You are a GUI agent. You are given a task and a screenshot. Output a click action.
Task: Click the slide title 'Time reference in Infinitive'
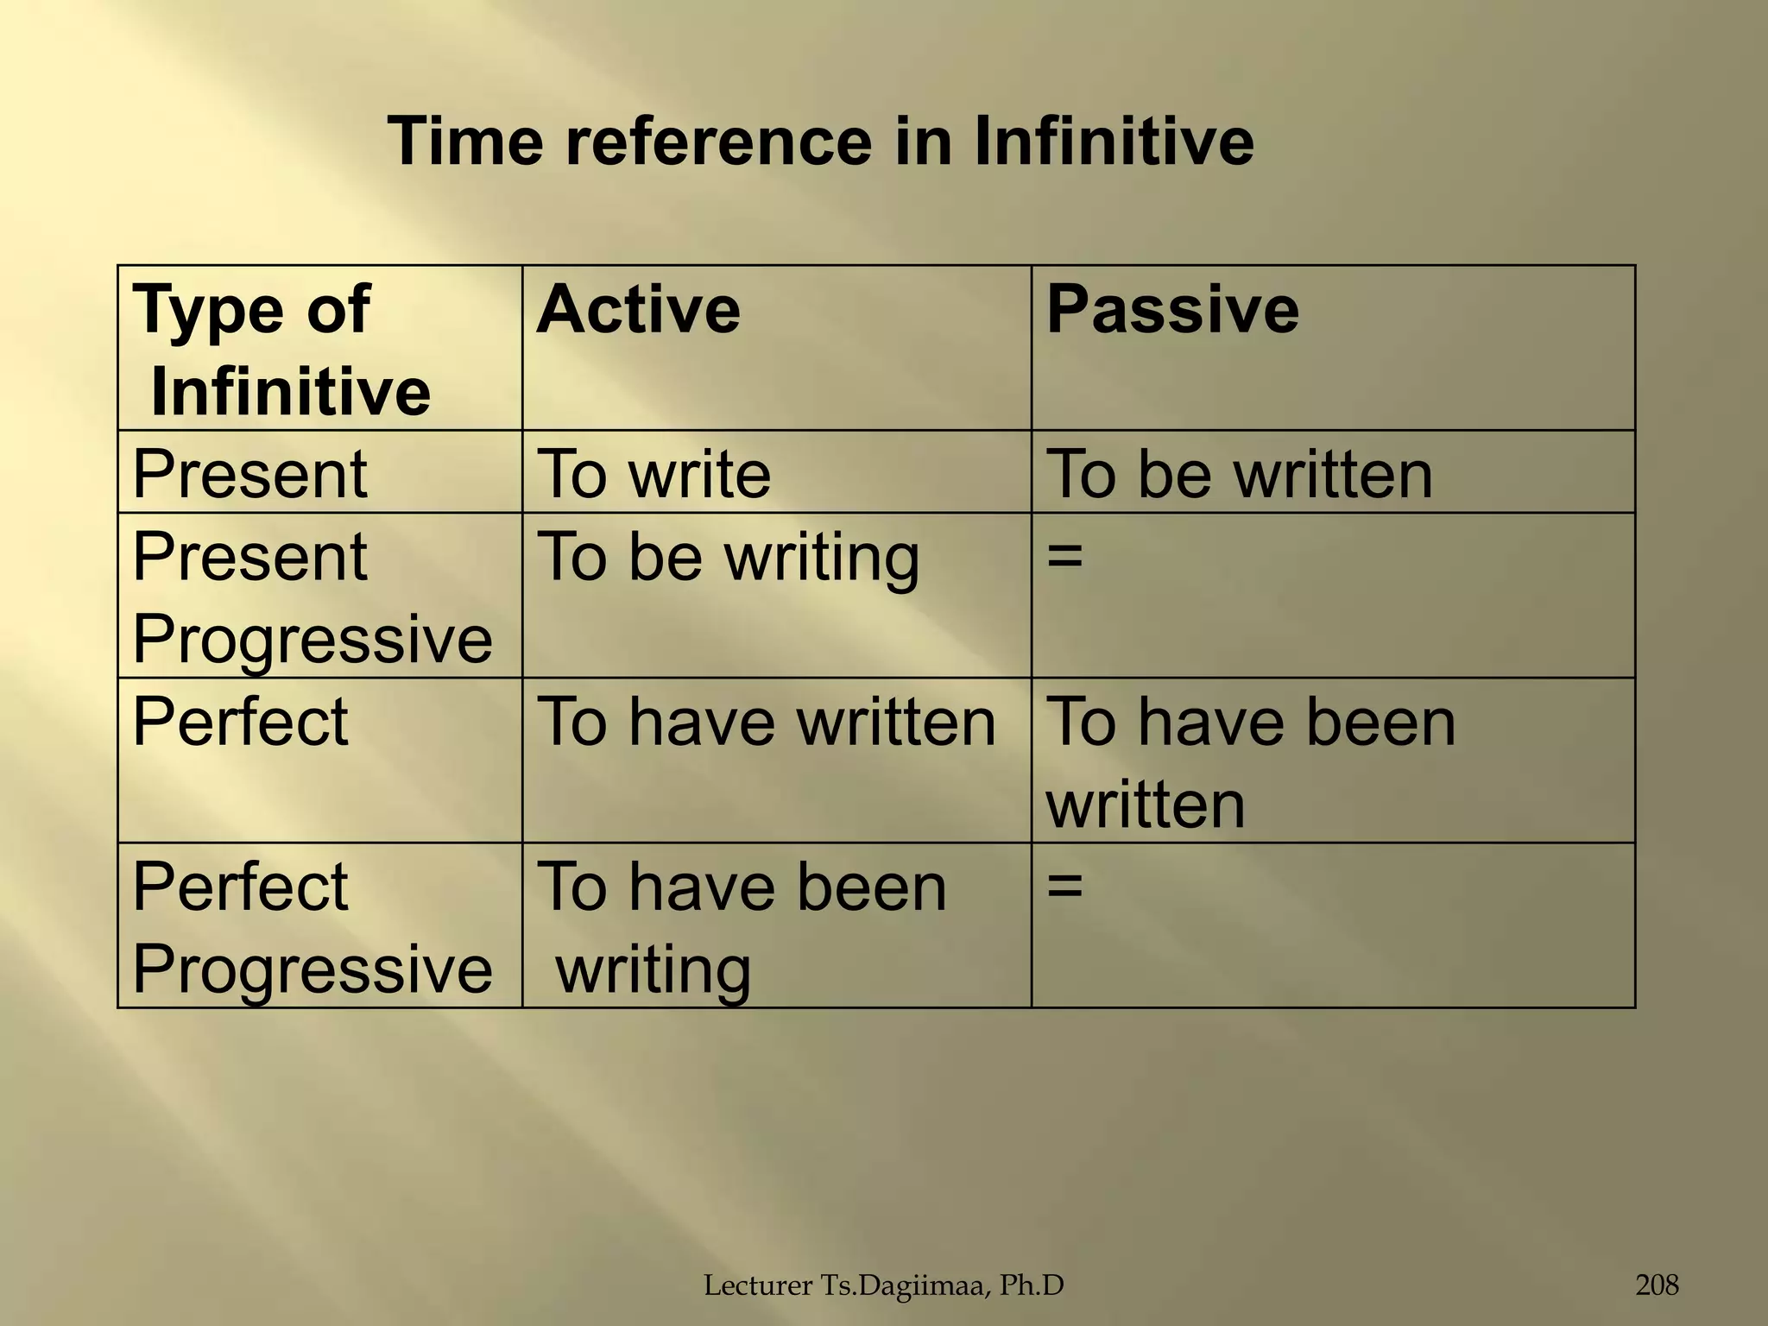[820, 142]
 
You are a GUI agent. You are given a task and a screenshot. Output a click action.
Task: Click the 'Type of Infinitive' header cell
[281, 350]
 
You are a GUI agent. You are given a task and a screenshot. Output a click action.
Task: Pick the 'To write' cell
[654, 474]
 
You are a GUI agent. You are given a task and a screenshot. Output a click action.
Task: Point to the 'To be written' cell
[1239, 474]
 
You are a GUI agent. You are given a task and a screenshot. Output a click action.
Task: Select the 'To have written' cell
[767, 722]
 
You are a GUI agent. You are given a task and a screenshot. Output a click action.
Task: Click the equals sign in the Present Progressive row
[1064, 556]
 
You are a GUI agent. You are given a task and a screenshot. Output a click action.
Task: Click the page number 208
[1657, 1285]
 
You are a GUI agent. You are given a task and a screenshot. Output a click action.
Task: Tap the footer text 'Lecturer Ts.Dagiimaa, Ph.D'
[884, 1286]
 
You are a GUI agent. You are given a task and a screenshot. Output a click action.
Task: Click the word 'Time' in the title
[465, 142]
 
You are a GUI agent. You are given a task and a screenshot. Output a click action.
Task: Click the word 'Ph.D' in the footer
[1032, 1286]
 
